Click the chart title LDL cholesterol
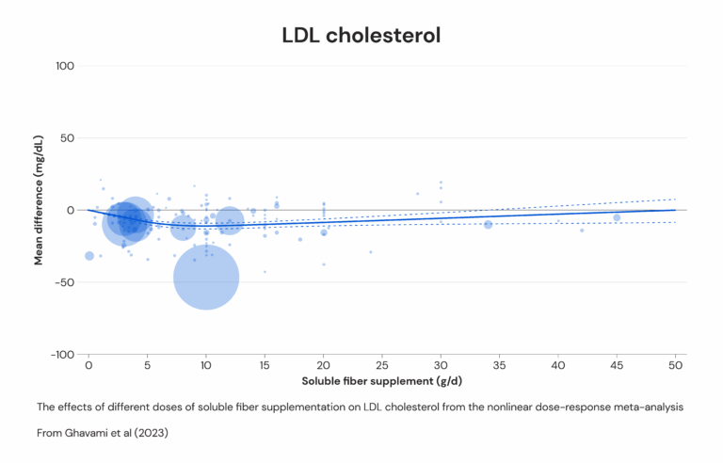click(361, 36)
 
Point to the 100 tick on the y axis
click(65, 66)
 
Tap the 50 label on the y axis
click(68, 138)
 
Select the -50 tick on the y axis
click(65, 282)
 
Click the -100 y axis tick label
click(63, 355)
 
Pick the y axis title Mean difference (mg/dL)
click(39, 200)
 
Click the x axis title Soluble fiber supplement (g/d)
click(382, 381)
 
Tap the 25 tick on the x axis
click(382, 366)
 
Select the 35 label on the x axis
click(499, 366)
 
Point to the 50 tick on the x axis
click(676, 366)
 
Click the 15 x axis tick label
click(265, 366)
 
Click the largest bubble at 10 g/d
click(206, 278)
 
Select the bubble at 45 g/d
click(617, 217)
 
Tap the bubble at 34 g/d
click(488, 225)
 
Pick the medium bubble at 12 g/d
click(229, 221)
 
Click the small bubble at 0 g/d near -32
click(89, 256)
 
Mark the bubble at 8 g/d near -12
click(183, 228)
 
